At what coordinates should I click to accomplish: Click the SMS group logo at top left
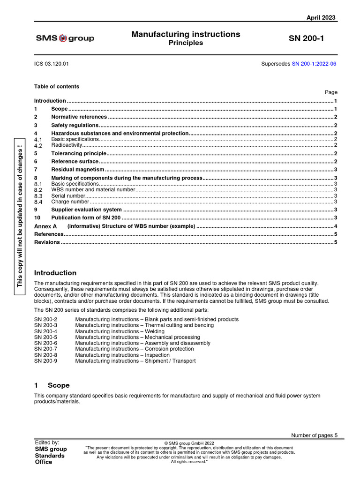65,38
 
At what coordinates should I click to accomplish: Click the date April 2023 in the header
321,17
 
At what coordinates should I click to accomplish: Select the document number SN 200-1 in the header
306,38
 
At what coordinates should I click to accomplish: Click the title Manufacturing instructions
186,34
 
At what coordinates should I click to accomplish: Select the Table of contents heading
57,86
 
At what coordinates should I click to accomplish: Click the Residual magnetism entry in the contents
78,170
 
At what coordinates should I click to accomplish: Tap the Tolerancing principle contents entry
79,153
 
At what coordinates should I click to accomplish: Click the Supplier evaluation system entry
86,210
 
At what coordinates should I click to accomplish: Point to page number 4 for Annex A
336,226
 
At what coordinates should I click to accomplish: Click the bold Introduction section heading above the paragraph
55,273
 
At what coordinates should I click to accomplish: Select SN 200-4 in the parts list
45,331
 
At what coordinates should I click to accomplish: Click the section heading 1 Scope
52,385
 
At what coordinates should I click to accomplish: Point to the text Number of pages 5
314,435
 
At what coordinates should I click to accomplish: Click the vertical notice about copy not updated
20,217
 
